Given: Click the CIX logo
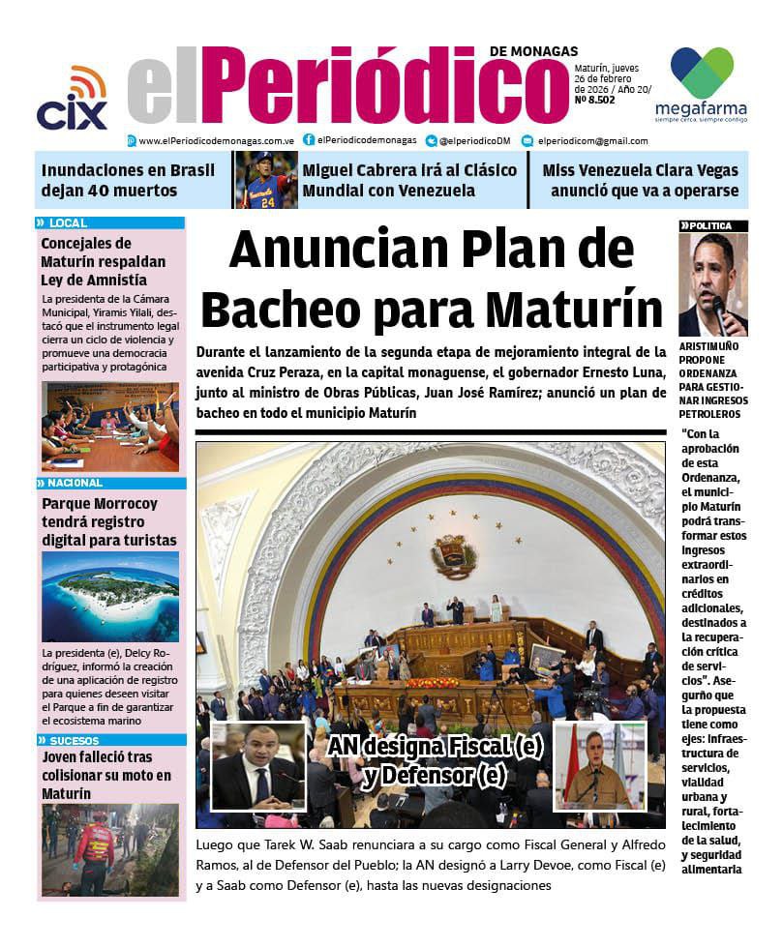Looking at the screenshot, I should point(72,102).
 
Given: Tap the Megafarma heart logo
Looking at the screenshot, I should point(702,71).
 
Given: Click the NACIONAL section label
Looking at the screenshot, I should point(74,483).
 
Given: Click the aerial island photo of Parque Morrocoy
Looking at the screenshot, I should point(109,596).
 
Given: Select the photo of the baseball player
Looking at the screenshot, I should point(266,180).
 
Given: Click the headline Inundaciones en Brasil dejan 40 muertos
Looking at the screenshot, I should point(128,180).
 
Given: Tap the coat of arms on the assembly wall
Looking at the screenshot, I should point(454,555).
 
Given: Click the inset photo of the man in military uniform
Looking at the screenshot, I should point(600,767).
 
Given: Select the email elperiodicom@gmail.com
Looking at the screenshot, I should point(592,140).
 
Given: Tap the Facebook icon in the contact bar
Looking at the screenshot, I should point(309,140).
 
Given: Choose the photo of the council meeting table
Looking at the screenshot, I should point(109,427).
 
